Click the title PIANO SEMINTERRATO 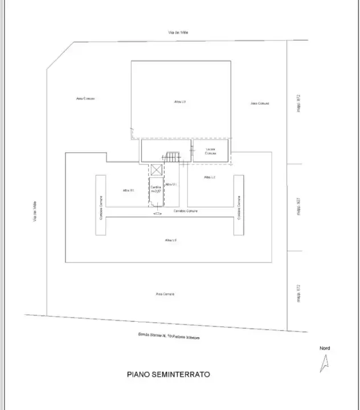[168, 375]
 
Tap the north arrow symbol [325, 363]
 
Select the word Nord [324, 348]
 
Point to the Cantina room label [156, 187]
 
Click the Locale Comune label [211, 151]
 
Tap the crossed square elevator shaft [156, 170]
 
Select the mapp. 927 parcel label [298, 207]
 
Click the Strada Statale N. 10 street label [169, 336]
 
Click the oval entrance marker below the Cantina [157, 214]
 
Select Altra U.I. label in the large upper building [180, 101]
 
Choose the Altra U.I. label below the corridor [171, 240]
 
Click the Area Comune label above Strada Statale [165, 294]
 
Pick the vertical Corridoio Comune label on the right [239, 208]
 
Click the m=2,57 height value [156, 191]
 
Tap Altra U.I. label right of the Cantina [171, 184]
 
